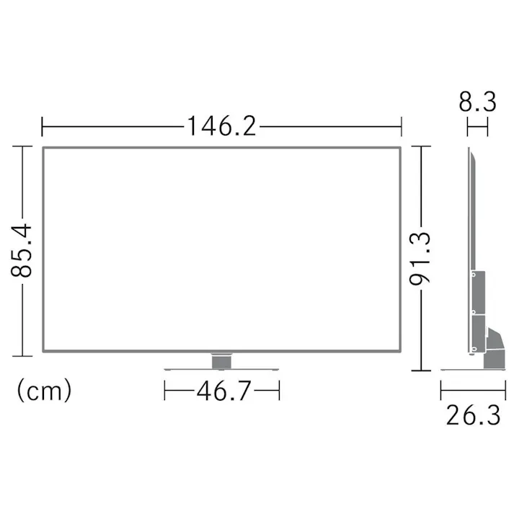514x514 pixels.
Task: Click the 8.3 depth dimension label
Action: click(x=477, y=102)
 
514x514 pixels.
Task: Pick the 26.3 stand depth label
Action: click(x=472, y=416)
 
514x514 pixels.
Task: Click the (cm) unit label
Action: click(x=44, y=391)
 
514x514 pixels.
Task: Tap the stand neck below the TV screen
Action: click(x=222, y=360)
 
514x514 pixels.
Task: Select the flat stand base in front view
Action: click(x=222, y=368)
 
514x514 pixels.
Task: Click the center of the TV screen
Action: click(x=221, y=250)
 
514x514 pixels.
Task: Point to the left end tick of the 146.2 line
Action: click(x=43, y=127)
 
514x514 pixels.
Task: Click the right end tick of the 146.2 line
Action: click(x=401, y=127)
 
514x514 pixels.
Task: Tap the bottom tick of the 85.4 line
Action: click(x=24, y=355)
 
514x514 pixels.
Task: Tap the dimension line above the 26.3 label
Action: click(x=470, y=391)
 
